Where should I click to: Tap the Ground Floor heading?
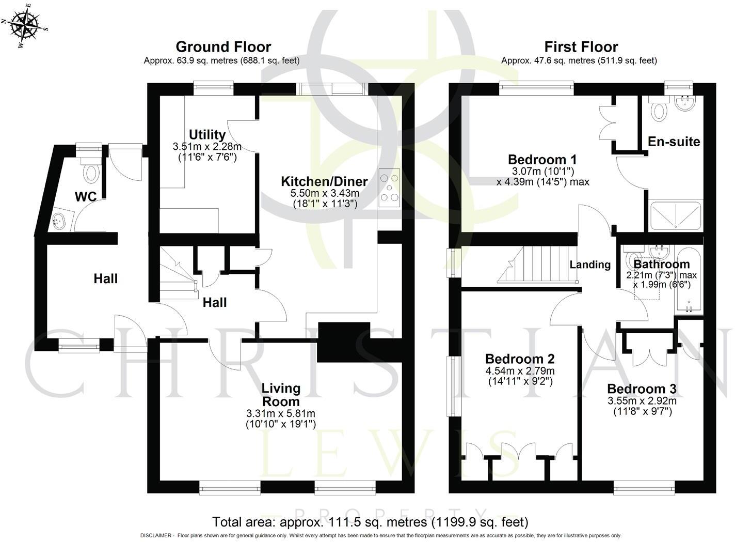coord(223,47)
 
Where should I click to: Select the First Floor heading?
coord(581,47)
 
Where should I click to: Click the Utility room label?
coord(207,135)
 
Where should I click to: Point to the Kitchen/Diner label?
coord(324,181)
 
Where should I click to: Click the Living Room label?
coord(281,395)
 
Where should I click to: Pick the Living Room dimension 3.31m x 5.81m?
coord(281,414)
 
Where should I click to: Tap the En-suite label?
coord(674,142)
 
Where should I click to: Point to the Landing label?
coord(590,265)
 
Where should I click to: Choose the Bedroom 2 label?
coord(520,359)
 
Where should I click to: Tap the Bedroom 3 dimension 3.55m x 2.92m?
coord(642,401)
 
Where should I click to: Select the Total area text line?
coord(370,522)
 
